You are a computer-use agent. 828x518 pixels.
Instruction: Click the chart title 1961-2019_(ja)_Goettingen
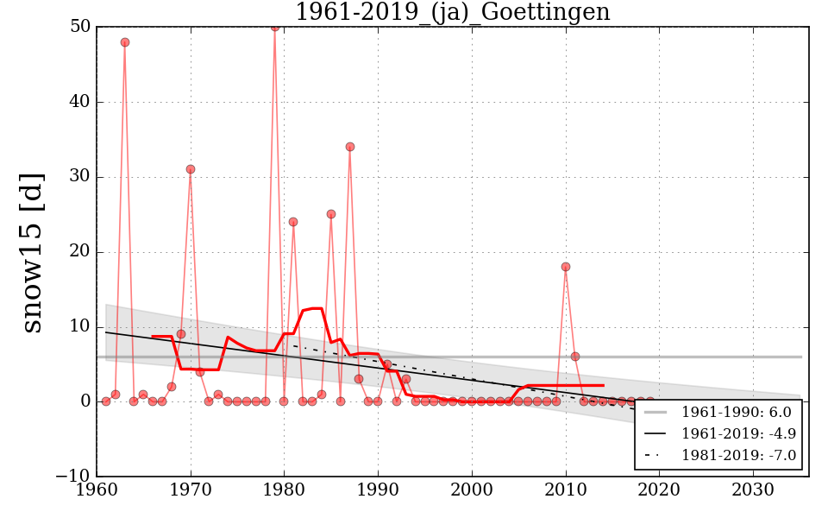coord(452,13)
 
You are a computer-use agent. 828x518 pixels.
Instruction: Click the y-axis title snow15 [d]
coord(32,252)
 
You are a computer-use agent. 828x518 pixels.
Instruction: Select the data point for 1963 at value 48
coord(125,42)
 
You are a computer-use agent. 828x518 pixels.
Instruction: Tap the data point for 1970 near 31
coord(191,169)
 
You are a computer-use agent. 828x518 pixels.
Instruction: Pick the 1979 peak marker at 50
coord(275,27)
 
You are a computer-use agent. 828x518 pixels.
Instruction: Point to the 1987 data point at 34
coord(350,147)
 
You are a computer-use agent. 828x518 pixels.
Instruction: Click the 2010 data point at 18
coord(566,267)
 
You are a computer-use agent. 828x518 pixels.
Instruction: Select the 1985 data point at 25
coord(331,214)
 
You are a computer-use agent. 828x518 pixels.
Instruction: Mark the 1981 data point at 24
coord(293,222)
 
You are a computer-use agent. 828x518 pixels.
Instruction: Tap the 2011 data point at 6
coord(575,357)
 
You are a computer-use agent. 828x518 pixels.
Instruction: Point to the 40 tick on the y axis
coord(80,102)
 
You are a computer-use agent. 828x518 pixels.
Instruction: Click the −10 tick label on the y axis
coord(73,477)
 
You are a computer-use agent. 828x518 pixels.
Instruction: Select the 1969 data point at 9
coord(181,334)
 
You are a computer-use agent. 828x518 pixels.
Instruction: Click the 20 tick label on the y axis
coord(80,252)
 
